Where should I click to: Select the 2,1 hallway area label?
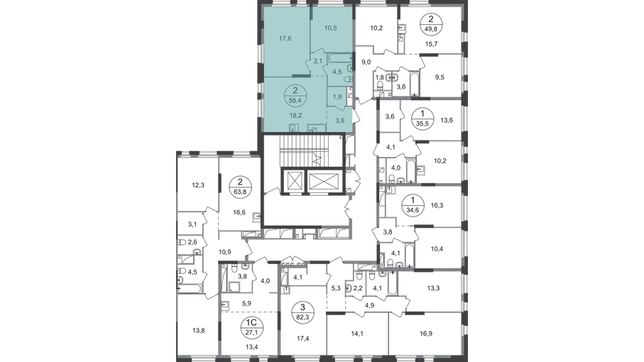click(319, 61)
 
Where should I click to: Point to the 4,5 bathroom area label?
click(338, 71)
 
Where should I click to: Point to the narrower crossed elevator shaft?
click(293, 181)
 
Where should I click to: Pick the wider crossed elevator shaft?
click(322, 181)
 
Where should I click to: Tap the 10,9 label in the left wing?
click(225, 251)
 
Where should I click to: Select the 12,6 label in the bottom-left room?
click(198, 329)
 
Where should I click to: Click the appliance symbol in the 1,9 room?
click(354, 104)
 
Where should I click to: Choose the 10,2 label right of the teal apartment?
click(378, 28)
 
